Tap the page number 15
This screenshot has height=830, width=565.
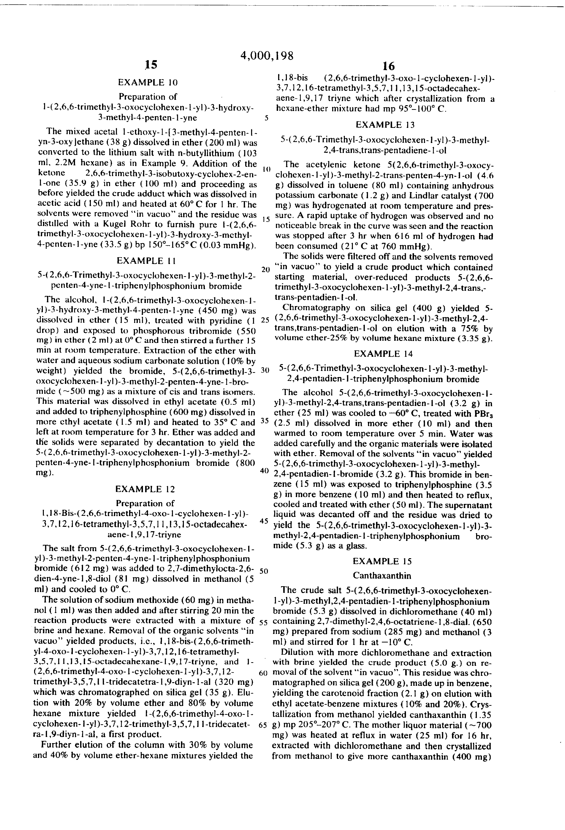coord(150,65)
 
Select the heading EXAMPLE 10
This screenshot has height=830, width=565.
coord(148,83)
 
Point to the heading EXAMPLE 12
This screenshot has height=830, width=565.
coord(145,489)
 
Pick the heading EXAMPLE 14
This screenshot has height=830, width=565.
coord(383,354)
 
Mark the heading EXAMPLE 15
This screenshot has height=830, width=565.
coord(382,561)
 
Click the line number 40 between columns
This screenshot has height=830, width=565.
coord(264,471)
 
